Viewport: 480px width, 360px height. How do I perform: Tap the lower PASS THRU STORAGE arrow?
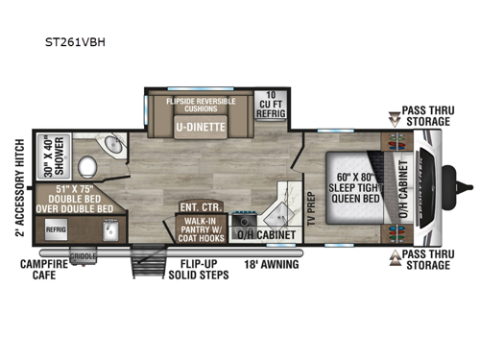coord(394,258)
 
